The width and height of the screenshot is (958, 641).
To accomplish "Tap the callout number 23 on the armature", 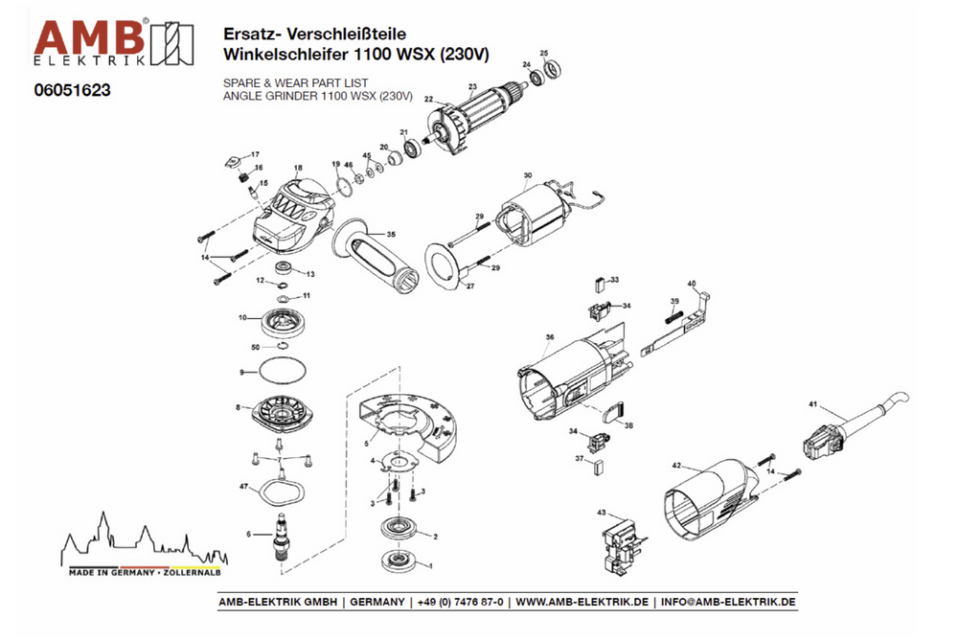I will (x=472, y=87).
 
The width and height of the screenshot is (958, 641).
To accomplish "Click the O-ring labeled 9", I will (x=282, y=371).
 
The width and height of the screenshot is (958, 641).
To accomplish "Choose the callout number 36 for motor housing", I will (x=550, y=337).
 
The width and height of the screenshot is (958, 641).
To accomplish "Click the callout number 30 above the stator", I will (x=527, y=175).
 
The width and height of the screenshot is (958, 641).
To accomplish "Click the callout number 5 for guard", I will (x=366, y=445).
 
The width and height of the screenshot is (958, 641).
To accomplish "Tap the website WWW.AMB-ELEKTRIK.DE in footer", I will (x=582, y=602).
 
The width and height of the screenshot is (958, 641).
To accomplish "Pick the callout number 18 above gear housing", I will (x=298, y=168).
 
